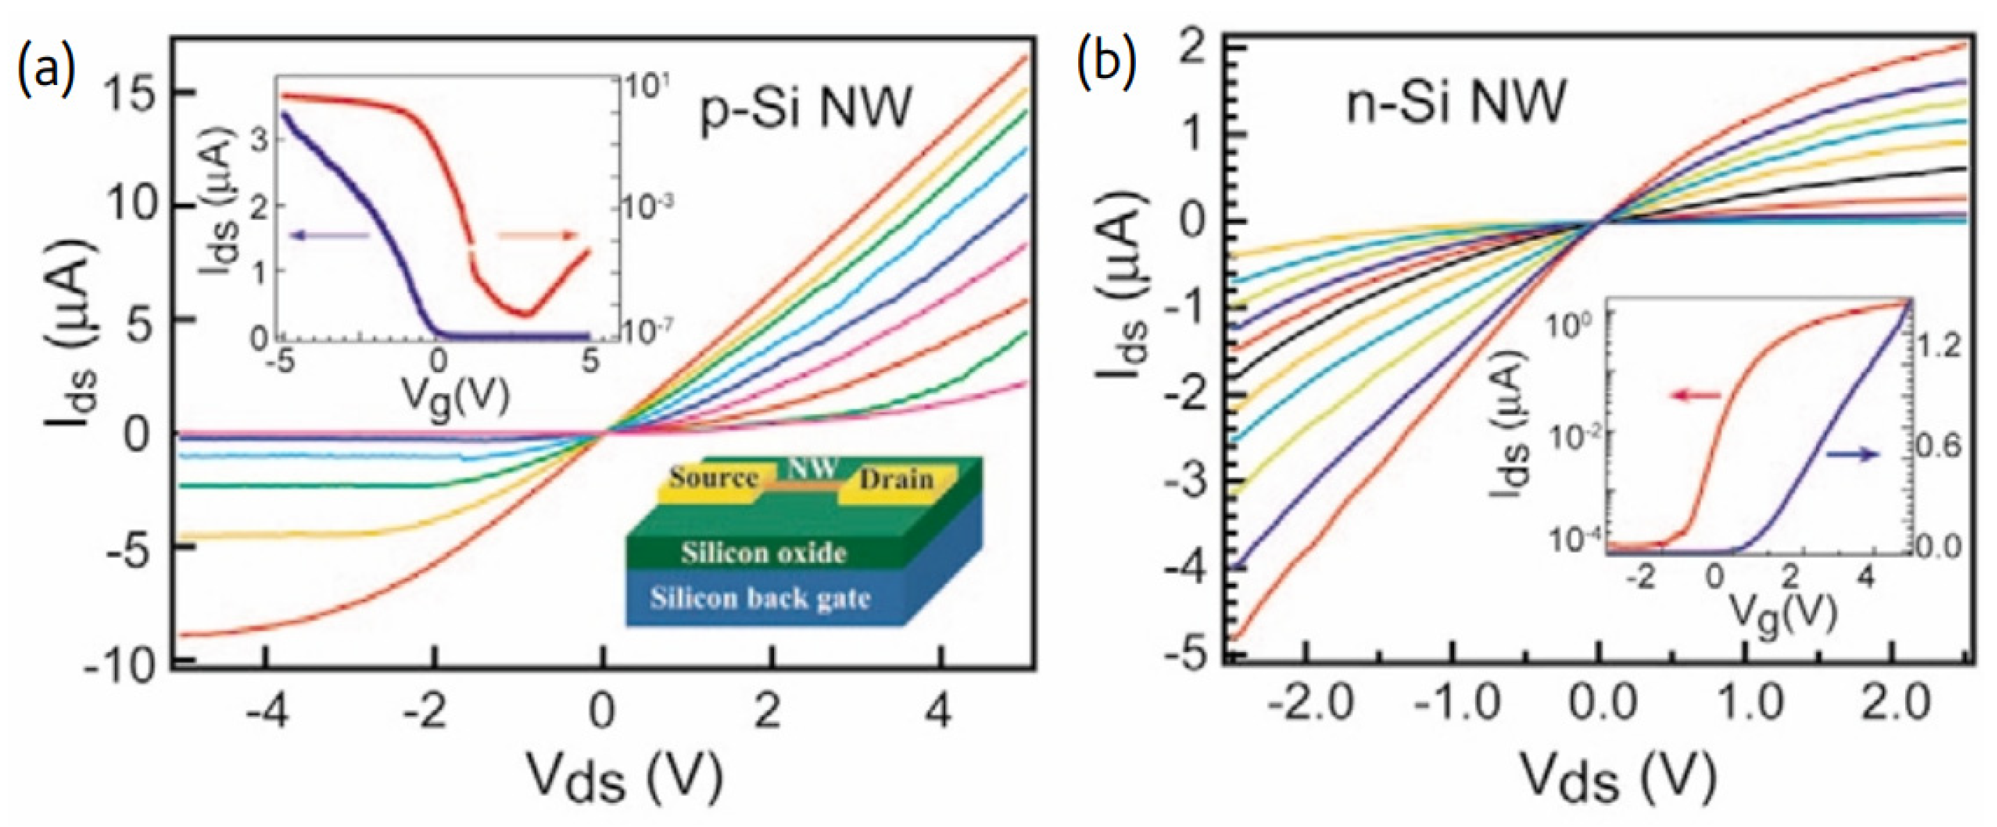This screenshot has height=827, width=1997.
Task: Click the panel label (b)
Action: (1107, 62)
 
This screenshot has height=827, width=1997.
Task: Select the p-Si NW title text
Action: (806, 109)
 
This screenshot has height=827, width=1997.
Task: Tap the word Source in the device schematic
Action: (713, 478)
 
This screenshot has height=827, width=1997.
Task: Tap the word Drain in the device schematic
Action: (896, 479)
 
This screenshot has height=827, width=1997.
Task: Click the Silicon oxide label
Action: (763, 553)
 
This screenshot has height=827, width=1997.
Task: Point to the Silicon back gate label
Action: (759, 598)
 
